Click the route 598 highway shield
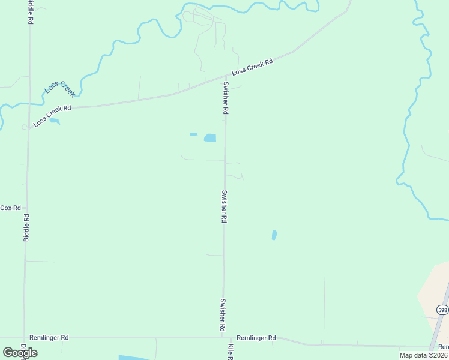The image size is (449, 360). (x=442, y=310)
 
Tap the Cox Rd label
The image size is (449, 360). (x=11, y=208)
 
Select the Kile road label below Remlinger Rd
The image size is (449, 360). (x=230, y=352)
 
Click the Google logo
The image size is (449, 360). (x=20, y=352)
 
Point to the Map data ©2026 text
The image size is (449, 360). (x=423, y=355)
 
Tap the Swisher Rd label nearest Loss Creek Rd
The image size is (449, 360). (x=226, y=98)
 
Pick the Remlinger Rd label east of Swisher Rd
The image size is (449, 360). (x=256, y=338)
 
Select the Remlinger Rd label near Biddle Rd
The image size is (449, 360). (x=49, y=338)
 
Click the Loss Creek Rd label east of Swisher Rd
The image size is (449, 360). (x=252, y=67)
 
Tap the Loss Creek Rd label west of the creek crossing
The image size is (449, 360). (x=52, y=116)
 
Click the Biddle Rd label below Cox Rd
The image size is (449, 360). (x=26, y=227)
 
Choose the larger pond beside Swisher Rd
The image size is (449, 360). (x=210, y=138)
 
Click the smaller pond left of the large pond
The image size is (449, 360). (x=193, y=134)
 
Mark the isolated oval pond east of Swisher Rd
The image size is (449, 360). (x=274, y=235)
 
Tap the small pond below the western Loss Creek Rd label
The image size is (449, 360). (x=55, y=121)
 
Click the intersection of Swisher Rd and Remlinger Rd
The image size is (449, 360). (x=223, y=337)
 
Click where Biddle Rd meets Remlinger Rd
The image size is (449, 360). (x=24, y=337)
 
